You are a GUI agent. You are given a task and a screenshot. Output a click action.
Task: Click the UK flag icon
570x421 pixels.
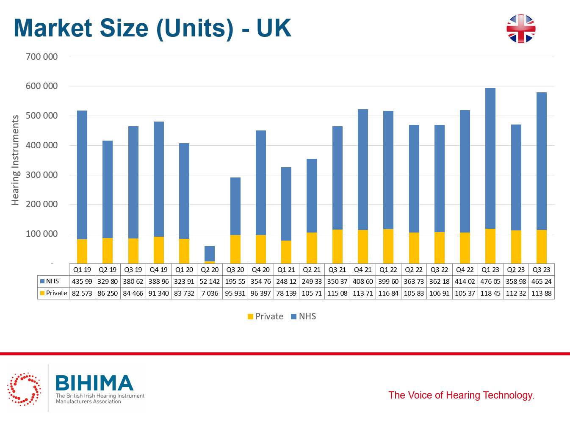click(x=521, y=29)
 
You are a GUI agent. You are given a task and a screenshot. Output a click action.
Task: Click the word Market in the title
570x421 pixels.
click(x=53, y=28)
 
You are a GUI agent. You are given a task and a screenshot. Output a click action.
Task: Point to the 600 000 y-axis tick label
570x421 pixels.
click(x=42, y=86)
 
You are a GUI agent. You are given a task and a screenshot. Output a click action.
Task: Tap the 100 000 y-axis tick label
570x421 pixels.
click(x=42, y=234)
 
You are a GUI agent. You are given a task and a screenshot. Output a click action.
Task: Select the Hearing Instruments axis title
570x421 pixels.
click(x=15, y=160)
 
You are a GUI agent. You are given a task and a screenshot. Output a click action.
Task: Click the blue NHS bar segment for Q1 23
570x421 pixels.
click(x=490, y=158)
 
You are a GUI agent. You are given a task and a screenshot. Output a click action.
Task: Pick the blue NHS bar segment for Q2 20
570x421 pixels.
click(x=210, y=254)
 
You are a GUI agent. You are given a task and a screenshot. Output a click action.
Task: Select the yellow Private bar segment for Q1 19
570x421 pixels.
click(x=82, y=251)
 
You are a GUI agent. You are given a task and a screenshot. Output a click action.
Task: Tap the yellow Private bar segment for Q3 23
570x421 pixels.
click(x=541, y=247)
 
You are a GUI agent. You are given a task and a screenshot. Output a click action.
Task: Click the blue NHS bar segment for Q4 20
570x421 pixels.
click(x=260, y=183)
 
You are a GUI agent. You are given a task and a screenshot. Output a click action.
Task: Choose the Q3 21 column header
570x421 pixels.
click(x=338, y=269)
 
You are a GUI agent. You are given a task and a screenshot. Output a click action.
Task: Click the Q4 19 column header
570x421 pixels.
click(x=159, y=269)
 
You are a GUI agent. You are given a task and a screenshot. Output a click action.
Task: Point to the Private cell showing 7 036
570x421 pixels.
click(x=210, y=293)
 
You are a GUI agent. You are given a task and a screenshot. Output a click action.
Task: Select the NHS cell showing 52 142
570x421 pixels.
click(x=210, y=281)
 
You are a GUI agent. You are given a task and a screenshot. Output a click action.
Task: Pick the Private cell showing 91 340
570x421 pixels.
click(x=159, y=293)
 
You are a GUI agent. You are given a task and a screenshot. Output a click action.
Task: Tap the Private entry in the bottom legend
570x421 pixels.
click(x=266, y=316)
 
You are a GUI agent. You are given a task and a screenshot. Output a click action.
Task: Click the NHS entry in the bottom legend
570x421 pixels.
click(x=304, y=316)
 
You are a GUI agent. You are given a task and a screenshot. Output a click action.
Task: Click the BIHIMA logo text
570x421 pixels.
click(x=94, y=383)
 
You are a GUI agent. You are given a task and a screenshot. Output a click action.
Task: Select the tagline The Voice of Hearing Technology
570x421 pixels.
click(x=461, y=395)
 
